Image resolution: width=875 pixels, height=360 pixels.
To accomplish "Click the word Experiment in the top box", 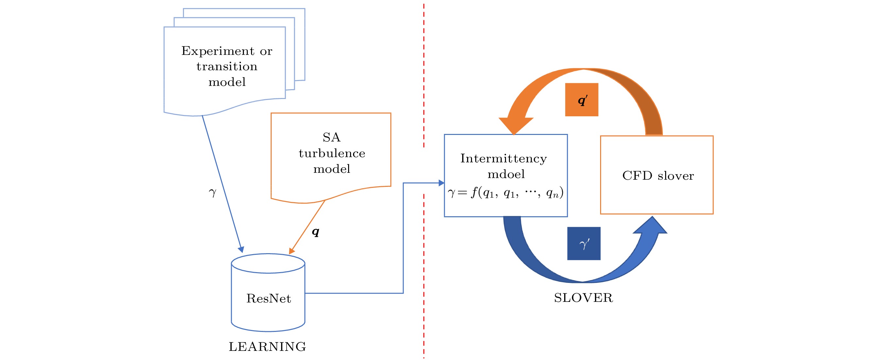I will (x=217, y=51).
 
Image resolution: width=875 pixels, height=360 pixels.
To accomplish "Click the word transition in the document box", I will (x=227, y=67).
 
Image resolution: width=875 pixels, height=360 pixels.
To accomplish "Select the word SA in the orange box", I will (x=331, y=138).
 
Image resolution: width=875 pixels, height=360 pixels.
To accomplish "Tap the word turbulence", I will (x=332, y=154).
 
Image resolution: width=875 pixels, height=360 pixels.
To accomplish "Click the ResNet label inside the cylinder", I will (x=268, y=299).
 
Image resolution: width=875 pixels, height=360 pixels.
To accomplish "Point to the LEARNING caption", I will (x=267, y=347).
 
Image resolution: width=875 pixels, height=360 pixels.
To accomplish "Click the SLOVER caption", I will (x=583, y=298).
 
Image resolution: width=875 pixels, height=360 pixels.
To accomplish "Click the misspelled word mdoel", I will (x=506, y=174).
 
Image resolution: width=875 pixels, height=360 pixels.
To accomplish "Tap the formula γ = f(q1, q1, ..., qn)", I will (x=505, y=192).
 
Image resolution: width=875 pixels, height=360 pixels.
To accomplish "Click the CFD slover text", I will (x=658, y=175).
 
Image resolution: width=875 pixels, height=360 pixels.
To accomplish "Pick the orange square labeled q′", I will (x=581, y=100).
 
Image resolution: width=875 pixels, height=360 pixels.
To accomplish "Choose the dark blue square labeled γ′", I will (x=583, y=243).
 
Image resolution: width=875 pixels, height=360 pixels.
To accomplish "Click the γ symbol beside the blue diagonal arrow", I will (x=212, y=192).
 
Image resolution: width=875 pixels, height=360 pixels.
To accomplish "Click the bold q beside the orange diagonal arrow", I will (x=315, y=232).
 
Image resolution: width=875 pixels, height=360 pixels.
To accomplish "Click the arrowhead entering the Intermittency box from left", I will (x=441, y=183).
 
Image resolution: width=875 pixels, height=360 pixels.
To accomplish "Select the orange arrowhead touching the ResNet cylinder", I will (x=291, y=251).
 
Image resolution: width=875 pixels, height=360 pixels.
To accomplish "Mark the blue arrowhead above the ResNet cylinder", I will (x=241, y=250).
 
